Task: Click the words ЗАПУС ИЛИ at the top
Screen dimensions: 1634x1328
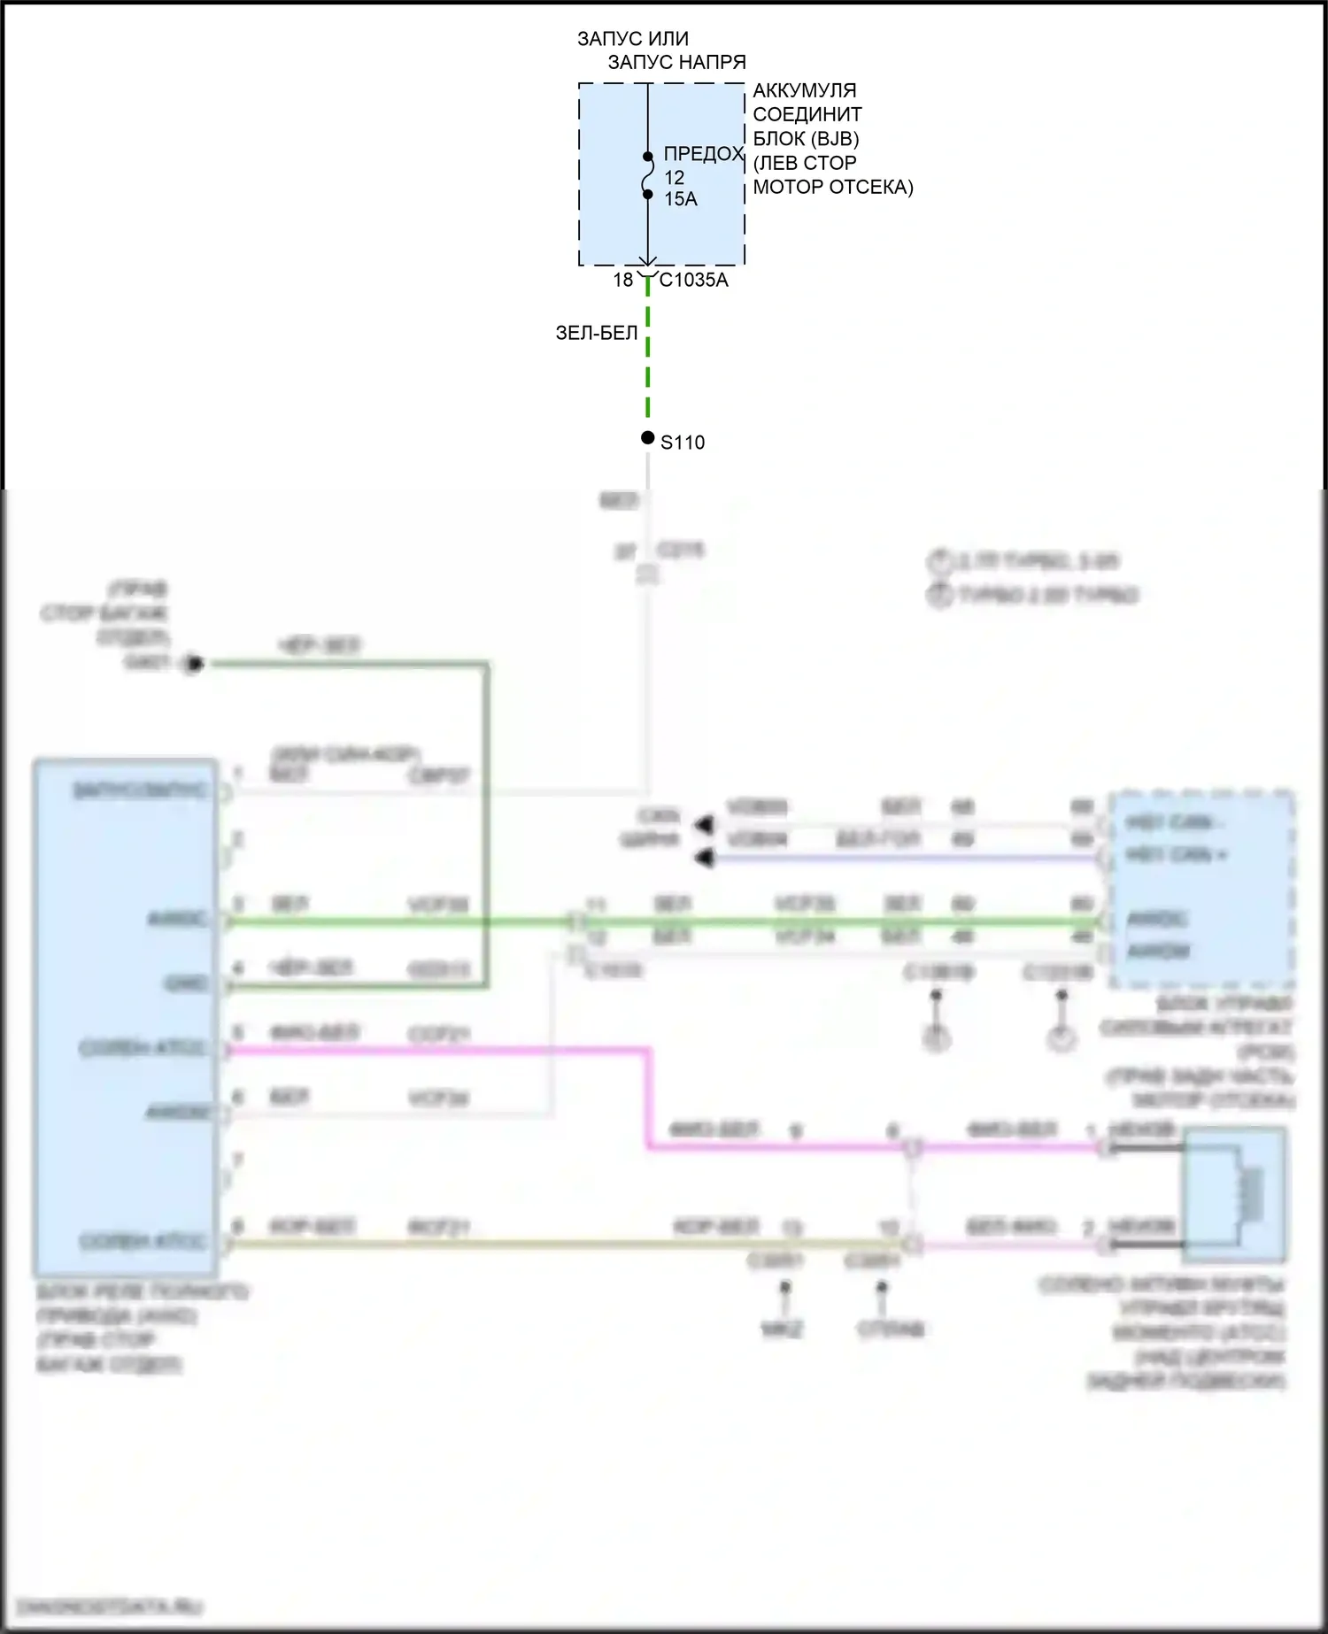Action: pyautogui.click(x=632, y=39)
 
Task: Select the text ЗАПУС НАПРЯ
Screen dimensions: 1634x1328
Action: pyautogui.click(x=676, y=62)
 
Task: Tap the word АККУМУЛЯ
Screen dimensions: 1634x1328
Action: pyautogui.click(x=804, y=90)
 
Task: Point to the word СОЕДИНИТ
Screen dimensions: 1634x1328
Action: pyautogui.click(x=807, y=114)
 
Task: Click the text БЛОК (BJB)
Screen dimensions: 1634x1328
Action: pyautogui.click(x=806, y=139)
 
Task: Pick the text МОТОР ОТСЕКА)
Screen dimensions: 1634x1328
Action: pyautogui.click(x=832, y=187)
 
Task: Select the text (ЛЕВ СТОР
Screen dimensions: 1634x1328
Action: pyautogui.click(x=804, y=163)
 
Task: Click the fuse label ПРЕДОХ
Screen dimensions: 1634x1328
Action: pyautogui.click(x=704, y=154)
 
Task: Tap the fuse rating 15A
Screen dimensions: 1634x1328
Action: pyautogui.click(x=681, y=199)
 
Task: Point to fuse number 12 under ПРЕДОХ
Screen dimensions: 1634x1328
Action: pyautogui.click(x=674, y=177)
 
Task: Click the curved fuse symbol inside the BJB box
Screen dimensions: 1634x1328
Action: pyautogui.click(x=648, y=175)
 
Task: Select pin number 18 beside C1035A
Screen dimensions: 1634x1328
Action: pyautogui.click(x=623, y=280)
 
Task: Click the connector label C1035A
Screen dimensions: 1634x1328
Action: pyautogui.click(x=693, y=280)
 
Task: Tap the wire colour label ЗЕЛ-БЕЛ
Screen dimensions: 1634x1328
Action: pyautogui.click(x=596, y=333)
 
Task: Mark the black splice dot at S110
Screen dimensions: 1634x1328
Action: pyautogui.click(x=648, y=438)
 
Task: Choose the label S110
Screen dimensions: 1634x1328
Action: pyautogui.click(x=683, y=443)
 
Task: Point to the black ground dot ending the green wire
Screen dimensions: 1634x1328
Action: pyautogui.click(x=194, y=664)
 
